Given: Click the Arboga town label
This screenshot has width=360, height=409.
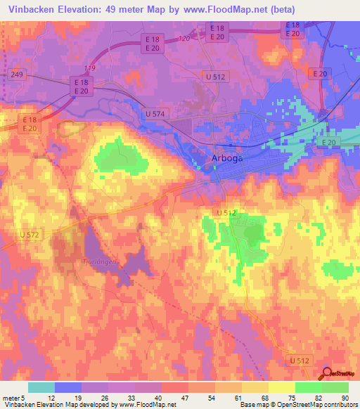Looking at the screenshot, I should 227,159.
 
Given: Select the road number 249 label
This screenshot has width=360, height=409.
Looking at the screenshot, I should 18,73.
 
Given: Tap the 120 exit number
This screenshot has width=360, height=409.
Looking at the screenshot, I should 184,38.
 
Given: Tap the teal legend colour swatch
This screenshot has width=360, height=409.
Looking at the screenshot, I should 41,387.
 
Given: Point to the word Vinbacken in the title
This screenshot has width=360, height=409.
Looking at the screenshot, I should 29,9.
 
